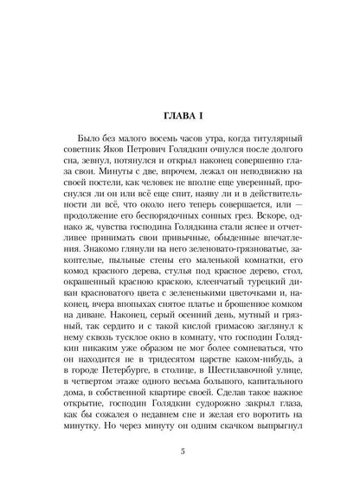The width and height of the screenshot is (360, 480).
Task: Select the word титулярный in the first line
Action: point(262,139)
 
